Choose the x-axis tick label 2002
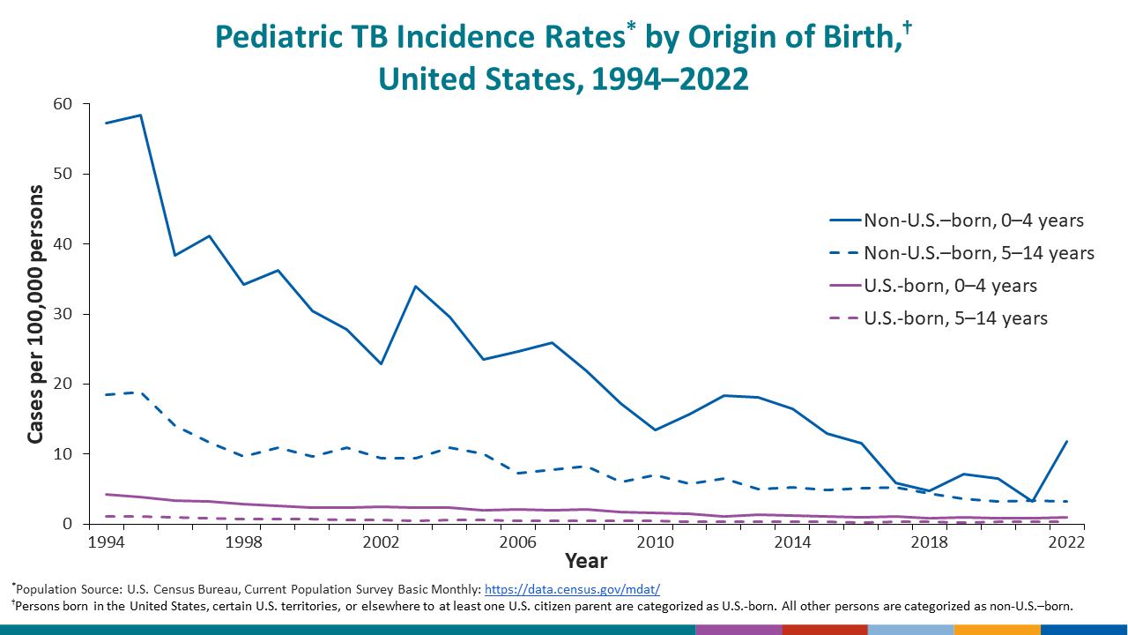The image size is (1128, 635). pyautogui.click(x=380, y=542)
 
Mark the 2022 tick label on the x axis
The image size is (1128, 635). pyautogui.click(x=1066, y=542)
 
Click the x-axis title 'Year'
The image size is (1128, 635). pyautogui.click(x=586, y=561)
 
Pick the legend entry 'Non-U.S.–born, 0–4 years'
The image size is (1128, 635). pyautogui.click(x=973, y=220)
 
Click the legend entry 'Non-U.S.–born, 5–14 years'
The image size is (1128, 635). pyautogui.click(x=978, y=253)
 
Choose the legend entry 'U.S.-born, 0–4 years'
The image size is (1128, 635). pyautogui.click(x=950, y=286)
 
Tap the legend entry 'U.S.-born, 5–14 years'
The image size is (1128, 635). pyautogui.click(x=955, y=318)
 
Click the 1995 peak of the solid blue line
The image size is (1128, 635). pyautogui.click(x=140, y=115)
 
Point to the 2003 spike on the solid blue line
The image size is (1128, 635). pyautogui.click(x=415, y=286)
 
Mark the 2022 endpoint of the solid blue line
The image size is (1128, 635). pyautogui.click(x=1066, y=441)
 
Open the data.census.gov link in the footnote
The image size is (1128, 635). pyautogui.click(x=572, y=589)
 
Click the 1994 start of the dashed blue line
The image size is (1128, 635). pyautogui.click(x=106, y=394)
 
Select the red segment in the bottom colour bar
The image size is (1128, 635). pyautogui.click(x=824, y=629)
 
